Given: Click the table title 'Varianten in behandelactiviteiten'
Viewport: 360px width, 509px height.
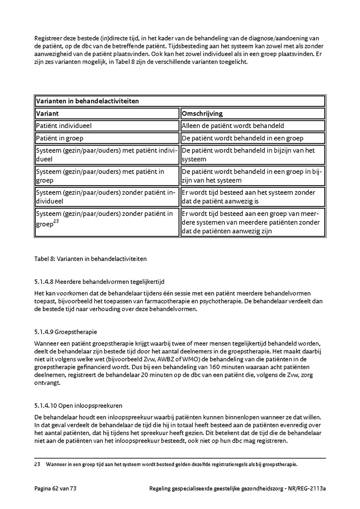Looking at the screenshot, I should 87,101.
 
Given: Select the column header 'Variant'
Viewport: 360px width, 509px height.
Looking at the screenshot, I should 48,114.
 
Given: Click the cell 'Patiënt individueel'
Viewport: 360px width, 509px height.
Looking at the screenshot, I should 64,126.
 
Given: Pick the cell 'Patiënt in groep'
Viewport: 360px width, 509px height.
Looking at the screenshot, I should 60,138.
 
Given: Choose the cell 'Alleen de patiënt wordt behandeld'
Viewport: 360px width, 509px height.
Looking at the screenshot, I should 233,126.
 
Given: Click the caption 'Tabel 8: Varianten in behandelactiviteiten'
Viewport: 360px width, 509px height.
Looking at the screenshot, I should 90,259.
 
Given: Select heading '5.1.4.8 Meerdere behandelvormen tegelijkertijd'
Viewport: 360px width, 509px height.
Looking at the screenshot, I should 99,281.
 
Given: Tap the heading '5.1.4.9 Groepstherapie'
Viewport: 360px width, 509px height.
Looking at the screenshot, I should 66,332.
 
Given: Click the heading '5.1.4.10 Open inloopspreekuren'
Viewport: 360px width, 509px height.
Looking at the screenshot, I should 78,405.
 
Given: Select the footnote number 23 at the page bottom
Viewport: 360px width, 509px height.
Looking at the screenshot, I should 38,465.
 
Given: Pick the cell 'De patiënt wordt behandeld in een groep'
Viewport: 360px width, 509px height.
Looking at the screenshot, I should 242,138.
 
